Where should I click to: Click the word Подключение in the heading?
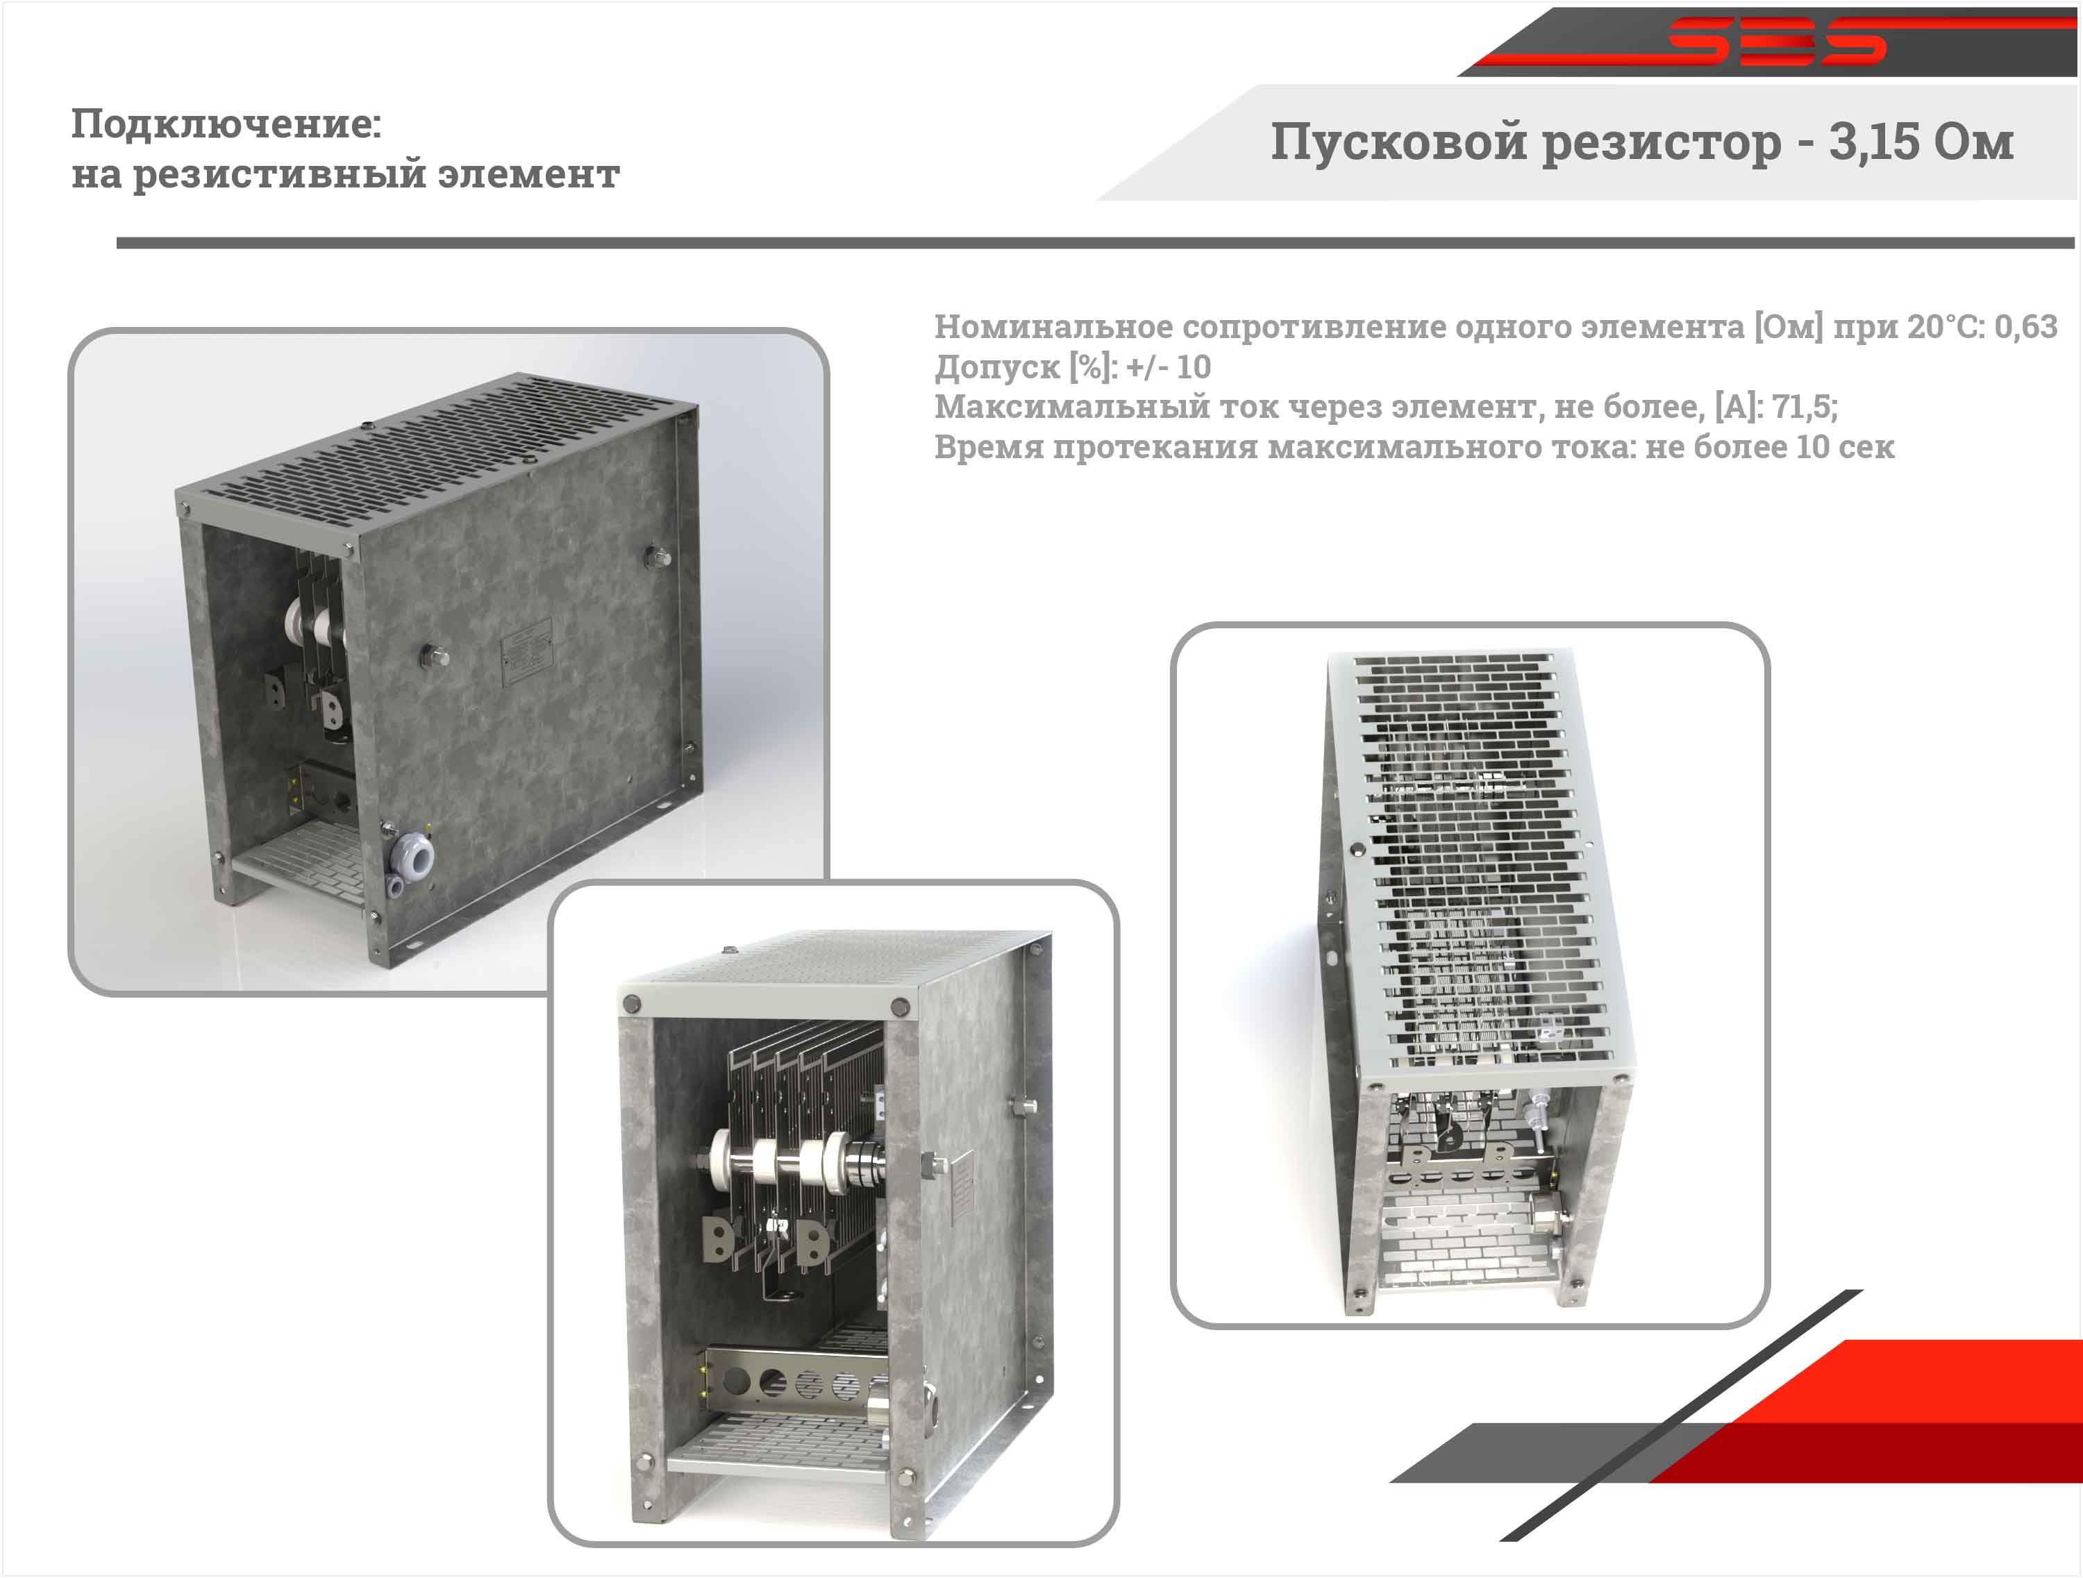[226, 124]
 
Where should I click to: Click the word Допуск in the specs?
[996, 367]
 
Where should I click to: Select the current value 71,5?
[1803, 407]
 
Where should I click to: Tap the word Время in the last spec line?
[988, 446]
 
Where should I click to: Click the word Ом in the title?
[1974, 142]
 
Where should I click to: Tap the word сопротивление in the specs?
[1313, 327]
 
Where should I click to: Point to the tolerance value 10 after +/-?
[1193, 367]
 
